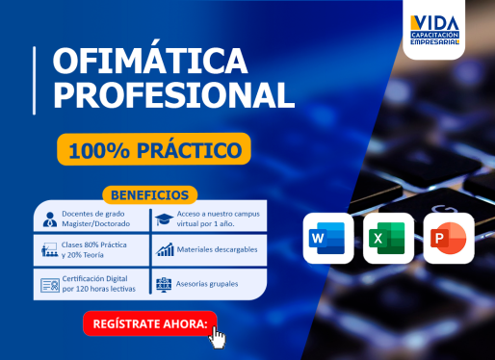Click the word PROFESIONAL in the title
coord(173,95)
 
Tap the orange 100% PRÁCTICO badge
coord(154,149)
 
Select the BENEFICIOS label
coord(149,195)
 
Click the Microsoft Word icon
coord(328,238)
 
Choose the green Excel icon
coord(388,238)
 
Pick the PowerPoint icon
coord(449,238)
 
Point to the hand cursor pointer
coord(218,338)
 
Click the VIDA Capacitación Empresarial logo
coord(434,30)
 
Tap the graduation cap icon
coord(164,219)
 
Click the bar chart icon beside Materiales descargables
coord(165,249)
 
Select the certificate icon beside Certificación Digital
coord(50,285)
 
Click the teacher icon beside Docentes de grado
coord(50,219)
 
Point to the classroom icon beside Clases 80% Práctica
coord(49,250)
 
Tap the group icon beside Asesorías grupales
coord(164,285)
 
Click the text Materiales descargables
coord(217,249)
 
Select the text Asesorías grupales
coord(207,284)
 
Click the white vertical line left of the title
coord(34,81)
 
